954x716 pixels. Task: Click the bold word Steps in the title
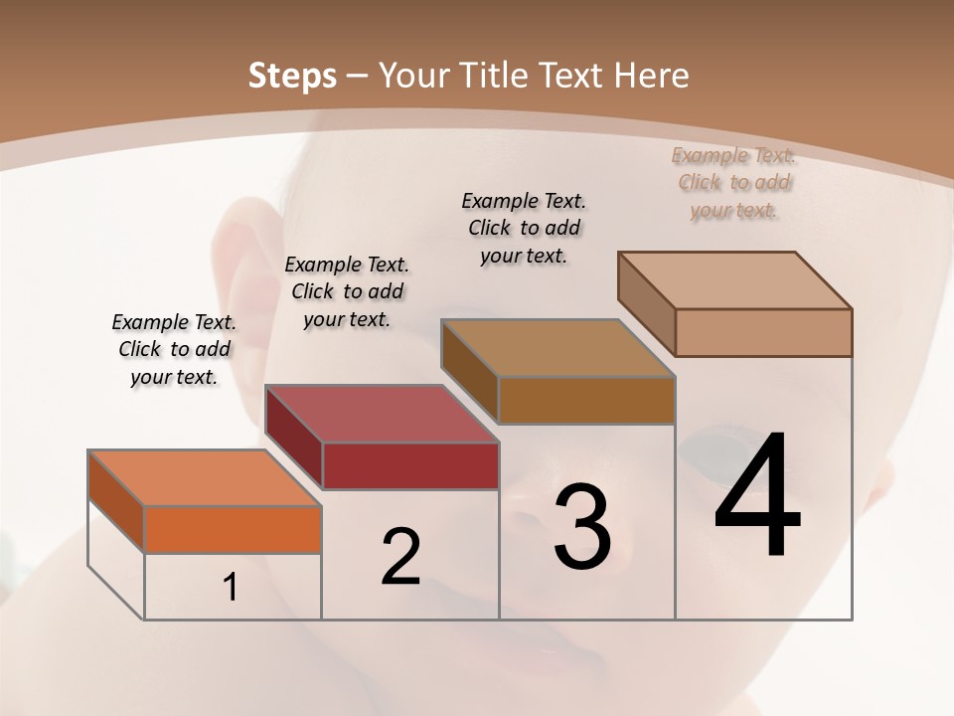(x=291, y=76)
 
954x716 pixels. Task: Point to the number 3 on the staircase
(x=581, y=526)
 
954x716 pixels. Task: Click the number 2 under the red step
(x=400, y=557)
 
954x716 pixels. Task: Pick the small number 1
(x=231, y=588)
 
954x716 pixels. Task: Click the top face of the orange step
(x=204, y=478)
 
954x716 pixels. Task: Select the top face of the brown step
(x=557, y=348)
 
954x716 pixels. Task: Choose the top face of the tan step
(x=734, y=280)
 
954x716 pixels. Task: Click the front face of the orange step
(x=233, y=529)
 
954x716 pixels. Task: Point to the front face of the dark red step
(x=409, y=465)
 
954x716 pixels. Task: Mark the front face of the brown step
(x=586, y=400)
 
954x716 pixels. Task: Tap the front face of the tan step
(x=763, y=332)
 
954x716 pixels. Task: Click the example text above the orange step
(x=174, y=349)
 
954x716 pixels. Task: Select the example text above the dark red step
(x=347, y=291)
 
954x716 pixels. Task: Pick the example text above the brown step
(x=524, y=228)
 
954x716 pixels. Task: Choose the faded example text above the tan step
(x=734, y=182)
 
